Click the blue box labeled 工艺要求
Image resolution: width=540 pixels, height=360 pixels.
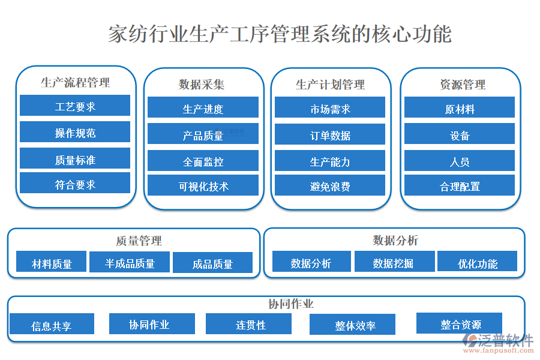point(75,106)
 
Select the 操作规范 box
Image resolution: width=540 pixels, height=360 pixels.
point(75,132)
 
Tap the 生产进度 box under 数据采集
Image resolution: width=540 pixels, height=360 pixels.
point(203,108)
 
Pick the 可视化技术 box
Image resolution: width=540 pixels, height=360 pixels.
point(203,186)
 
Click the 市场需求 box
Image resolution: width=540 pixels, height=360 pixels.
point(330,108)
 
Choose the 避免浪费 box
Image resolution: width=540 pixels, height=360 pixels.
point(330,186)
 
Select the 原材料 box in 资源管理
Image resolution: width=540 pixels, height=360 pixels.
point(460,108)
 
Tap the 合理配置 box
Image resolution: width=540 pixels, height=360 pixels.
point(460,186)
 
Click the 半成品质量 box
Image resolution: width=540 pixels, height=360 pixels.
point(130,262)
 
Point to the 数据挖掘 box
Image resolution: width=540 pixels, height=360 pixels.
point(393,262)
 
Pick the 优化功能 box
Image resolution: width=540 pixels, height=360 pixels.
point(478,262)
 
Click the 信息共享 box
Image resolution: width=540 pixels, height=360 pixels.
point(52,325)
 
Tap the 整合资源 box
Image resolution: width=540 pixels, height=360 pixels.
point(460,323)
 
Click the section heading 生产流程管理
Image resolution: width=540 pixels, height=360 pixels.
point(75,82)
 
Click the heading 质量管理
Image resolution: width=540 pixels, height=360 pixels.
point(139,241)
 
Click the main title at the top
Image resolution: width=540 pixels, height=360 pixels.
point(280,34)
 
